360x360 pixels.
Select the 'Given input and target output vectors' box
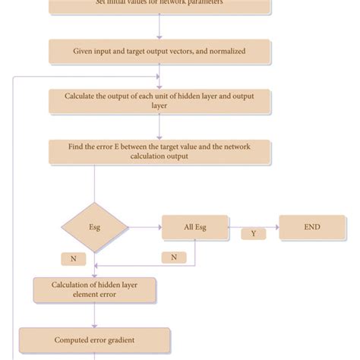tap(159, 52)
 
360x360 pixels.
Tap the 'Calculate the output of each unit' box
tap(159, 101)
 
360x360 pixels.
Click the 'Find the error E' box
tap(159, 151)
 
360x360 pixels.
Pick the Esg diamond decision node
tap(94, 226)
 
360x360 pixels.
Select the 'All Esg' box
tap(194, 226)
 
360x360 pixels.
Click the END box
tap(311, 226)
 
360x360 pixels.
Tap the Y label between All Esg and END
tap(254, 234)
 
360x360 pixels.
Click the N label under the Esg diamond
tap(74, 258)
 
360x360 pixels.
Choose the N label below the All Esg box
tap(174, 257)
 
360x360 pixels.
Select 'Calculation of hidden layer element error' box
tap(95, 289)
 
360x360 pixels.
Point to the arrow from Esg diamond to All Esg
tap(145, 226)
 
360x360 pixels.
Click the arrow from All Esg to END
tap(253, 226)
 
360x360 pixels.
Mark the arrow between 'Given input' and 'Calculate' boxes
tap(159, 77)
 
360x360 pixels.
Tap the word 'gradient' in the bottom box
tap(130, 340)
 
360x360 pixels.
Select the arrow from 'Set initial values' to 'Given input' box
tap(159, 27)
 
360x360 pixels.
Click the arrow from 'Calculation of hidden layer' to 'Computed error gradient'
tap(95, 315)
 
